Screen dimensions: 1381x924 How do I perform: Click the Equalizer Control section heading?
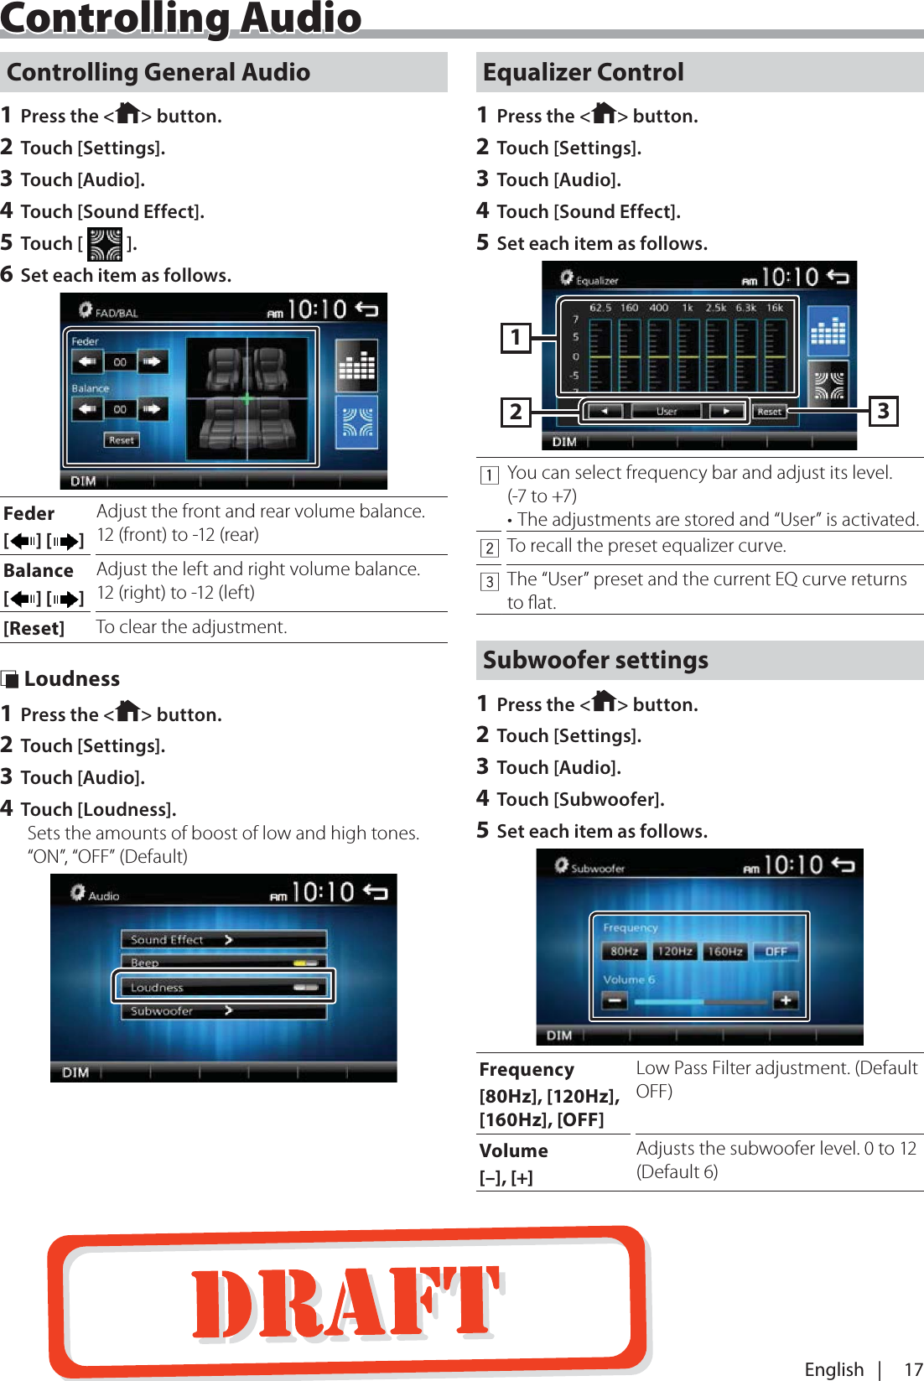[x=584, y=72]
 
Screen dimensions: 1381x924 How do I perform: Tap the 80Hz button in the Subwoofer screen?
[x=624, y=951]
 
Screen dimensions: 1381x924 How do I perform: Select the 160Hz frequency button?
[x=724, y=951]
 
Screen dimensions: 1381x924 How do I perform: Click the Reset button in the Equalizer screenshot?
[x=769, y=411]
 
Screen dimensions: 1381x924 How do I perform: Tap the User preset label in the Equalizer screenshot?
[x=667, y=411]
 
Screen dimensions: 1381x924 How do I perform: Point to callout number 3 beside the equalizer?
[x=883, y=411]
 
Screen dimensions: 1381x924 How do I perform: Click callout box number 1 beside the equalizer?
[x=516, y=338]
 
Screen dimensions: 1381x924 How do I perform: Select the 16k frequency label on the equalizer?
[x=775, y=308]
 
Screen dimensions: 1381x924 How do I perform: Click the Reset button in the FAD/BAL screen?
[x=122, y=439]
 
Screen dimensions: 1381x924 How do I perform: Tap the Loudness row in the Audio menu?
[x=223, y=987]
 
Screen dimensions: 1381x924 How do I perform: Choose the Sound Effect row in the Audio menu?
[x=223, y=940]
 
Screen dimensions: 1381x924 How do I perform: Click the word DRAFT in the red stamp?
[x=345, y=1301]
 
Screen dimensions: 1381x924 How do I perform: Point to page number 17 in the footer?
[x=912, y=1369]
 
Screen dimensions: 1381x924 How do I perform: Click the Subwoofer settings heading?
[x=595, y=660]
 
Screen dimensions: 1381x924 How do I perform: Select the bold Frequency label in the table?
[x=527, y=1069]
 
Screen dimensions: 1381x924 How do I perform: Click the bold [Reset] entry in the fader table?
[x=34, y=628]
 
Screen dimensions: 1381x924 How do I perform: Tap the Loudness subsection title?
[x=71, y=678]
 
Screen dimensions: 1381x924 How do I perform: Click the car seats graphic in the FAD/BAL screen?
[x=247, y=398]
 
